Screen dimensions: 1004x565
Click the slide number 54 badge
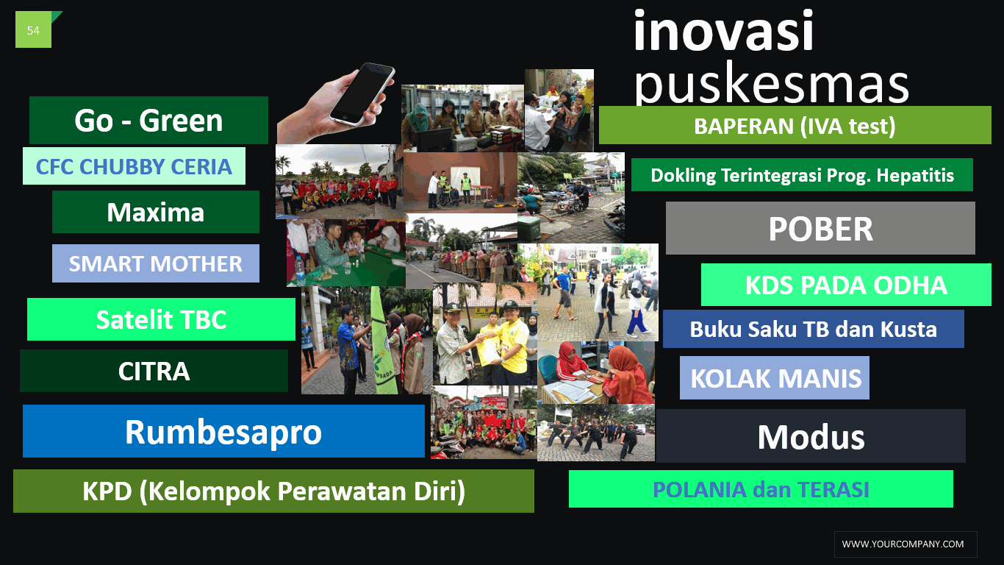33,29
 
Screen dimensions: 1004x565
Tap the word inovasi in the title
723,32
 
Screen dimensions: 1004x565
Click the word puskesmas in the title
771,83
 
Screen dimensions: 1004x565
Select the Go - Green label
148,120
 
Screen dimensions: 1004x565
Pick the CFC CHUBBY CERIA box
134,166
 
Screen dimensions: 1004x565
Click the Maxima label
156,212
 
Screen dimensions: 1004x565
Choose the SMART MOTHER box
156,263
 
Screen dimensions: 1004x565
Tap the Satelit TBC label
162,319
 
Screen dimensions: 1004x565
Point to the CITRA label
154,371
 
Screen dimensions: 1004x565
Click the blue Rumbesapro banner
223,431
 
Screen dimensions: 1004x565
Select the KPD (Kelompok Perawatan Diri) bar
274,491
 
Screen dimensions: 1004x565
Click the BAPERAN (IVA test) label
795,125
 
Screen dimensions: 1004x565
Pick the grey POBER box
821,228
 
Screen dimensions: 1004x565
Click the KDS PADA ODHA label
846,285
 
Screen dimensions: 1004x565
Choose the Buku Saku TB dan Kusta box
814,329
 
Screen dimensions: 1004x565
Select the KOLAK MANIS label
775,378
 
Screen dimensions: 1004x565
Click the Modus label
811,436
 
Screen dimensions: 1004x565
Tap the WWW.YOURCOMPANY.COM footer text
903,544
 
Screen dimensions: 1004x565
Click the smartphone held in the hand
362,93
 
